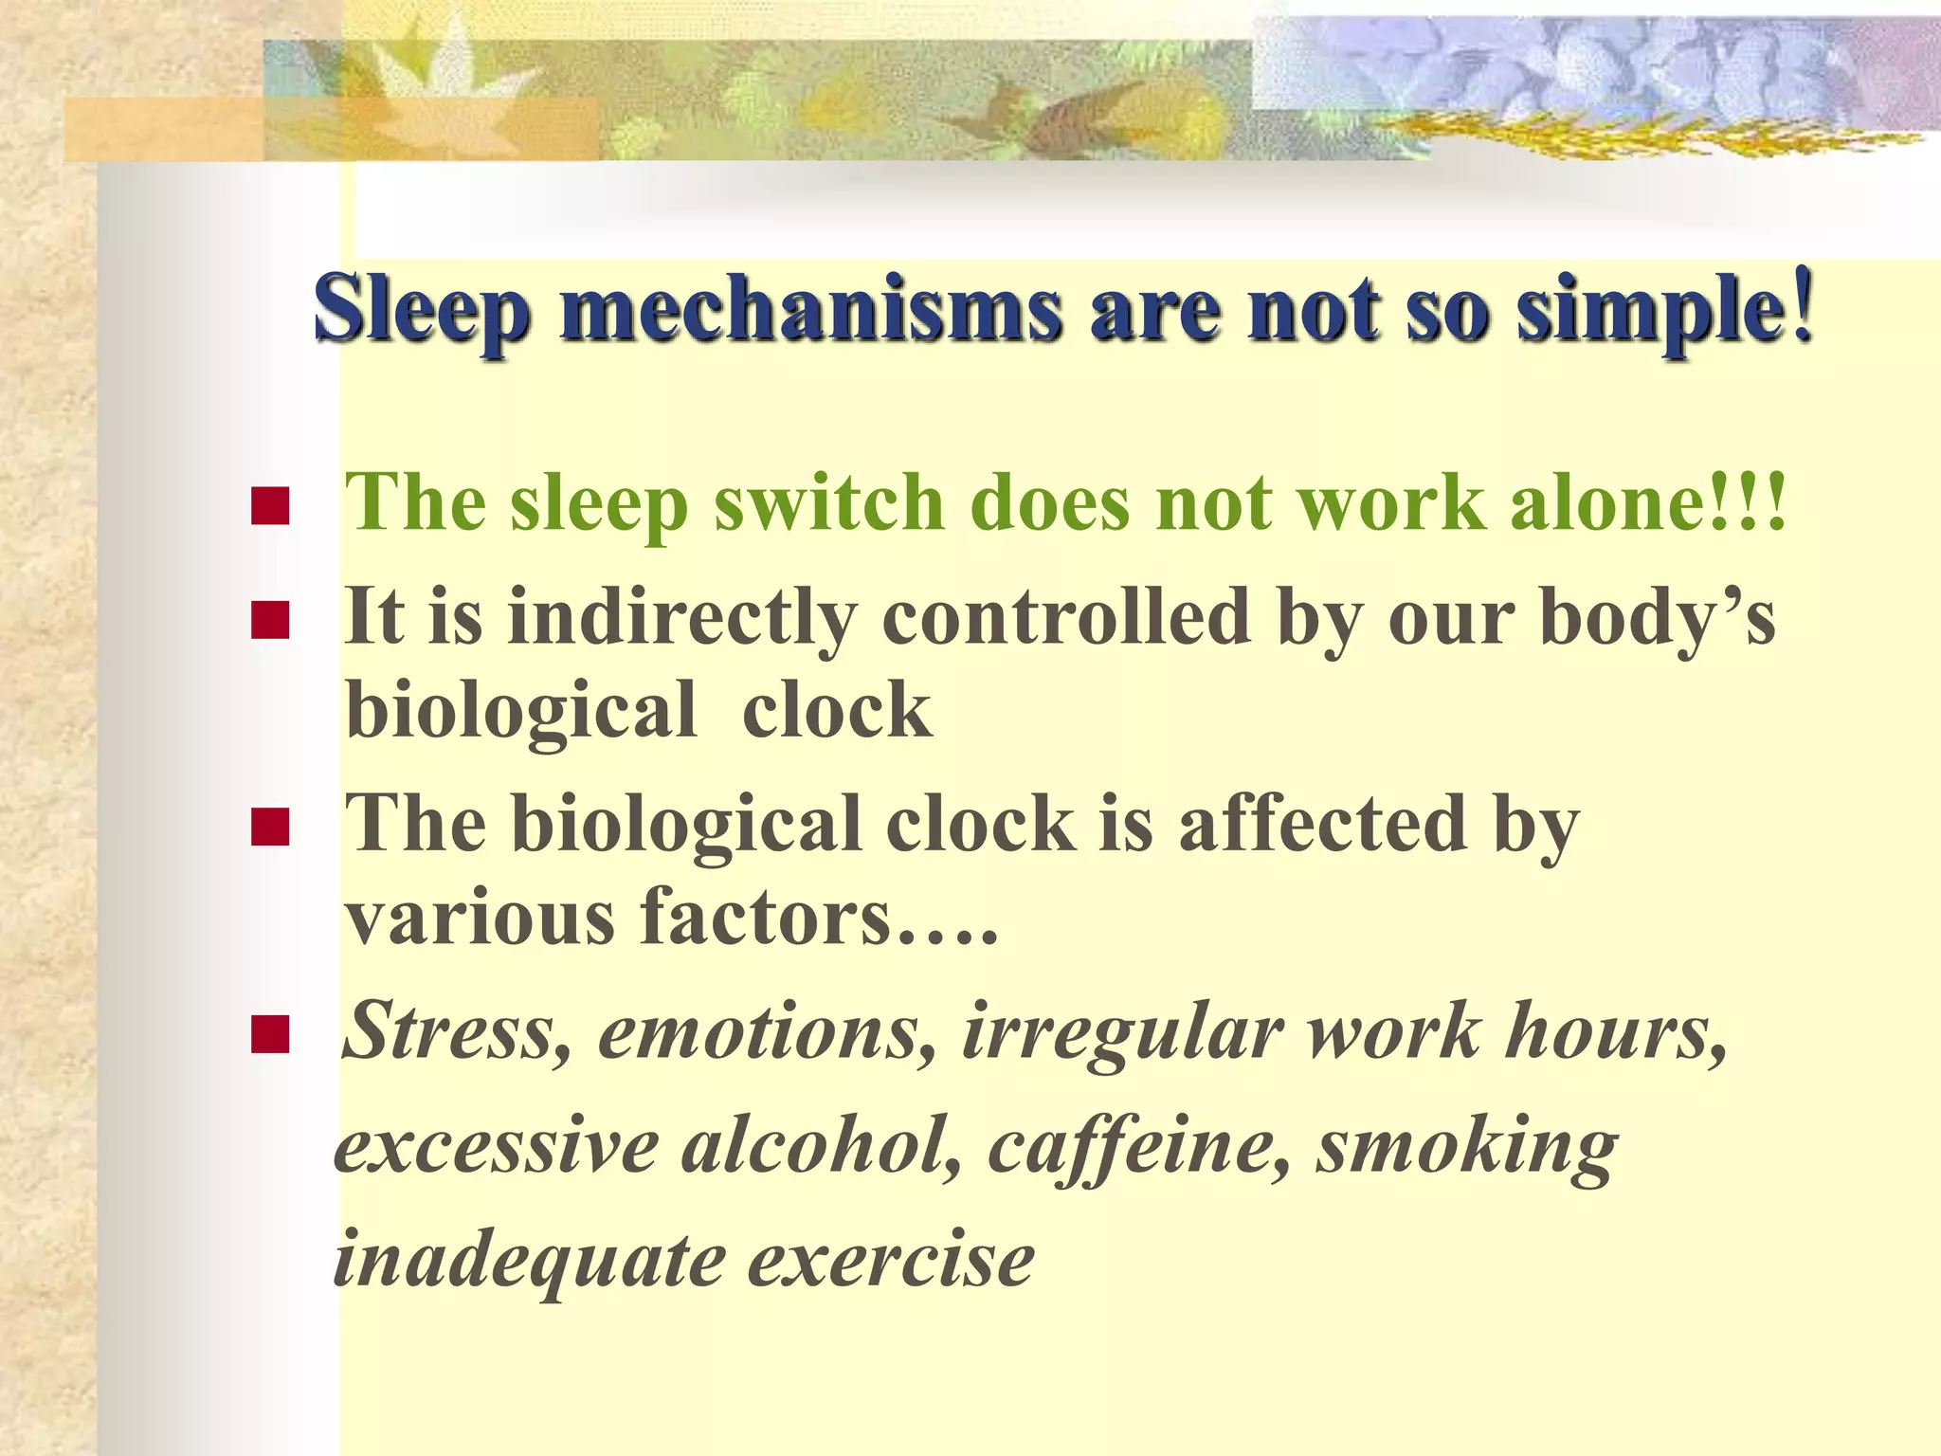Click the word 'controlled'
click(1066, 616)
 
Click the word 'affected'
click(1322, 823)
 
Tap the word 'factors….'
click(819, 918)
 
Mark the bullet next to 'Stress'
click(270, 1035)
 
